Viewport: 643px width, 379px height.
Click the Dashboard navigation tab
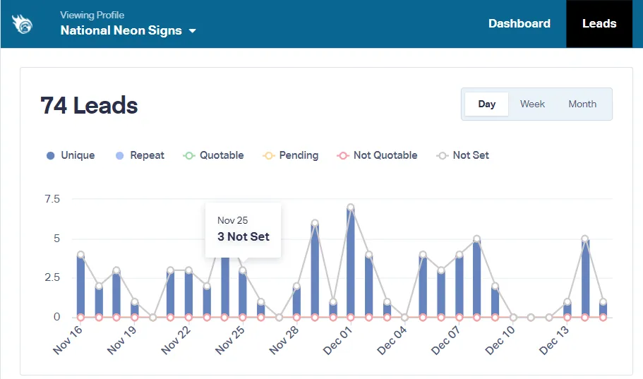click(x=519, y=23)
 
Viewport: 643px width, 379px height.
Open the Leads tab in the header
click(x=599, y=23)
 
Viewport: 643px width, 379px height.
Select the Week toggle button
click(x=532, y=104)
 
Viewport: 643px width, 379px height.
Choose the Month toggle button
click(x=582, y=104)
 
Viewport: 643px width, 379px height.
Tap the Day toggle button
click(x=487, y=104)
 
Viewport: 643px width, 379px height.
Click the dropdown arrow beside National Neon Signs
click(x=192, y=31)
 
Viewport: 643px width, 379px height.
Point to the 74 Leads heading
click(x=89, y=106)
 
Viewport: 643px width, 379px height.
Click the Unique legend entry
click(x=71, y=155)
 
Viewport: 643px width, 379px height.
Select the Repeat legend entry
click(x=140, y=155)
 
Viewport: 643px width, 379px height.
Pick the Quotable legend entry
click(x=214, y=155)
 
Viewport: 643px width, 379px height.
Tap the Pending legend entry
click(x=291, y=155)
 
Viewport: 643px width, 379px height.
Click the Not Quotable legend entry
click(x=378, y=155)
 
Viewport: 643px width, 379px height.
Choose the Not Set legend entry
click(x=463, y=155)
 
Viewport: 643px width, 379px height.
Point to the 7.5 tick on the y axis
click(x=52, y=199)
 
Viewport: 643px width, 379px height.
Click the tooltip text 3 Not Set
click(x=244, y=236)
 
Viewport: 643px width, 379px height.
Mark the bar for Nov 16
click(x=81, y=286)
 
